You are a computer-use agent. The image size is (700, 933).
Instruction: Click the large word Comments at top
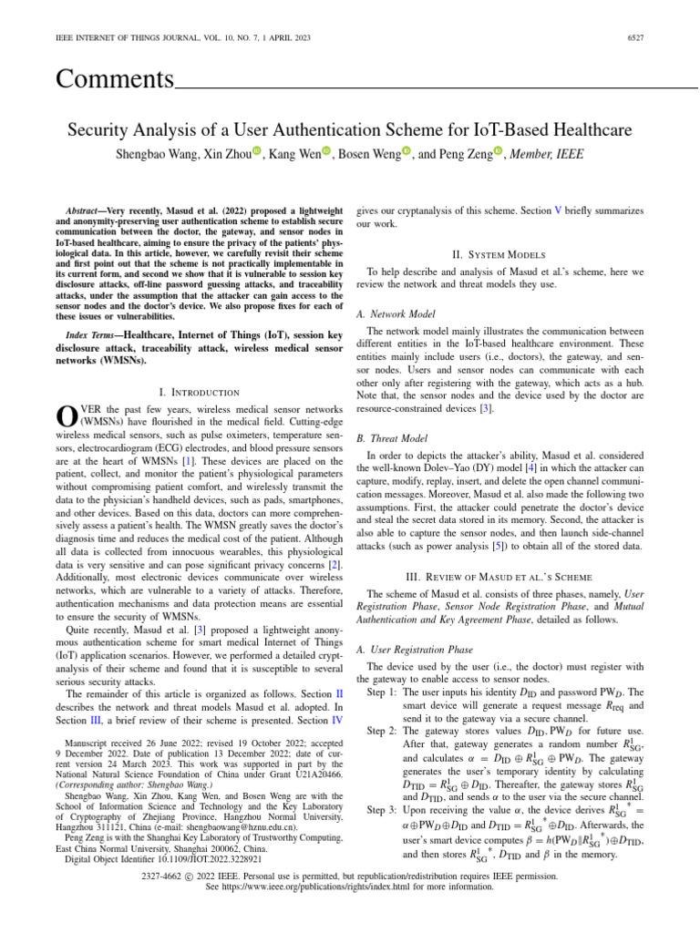coord(115,79)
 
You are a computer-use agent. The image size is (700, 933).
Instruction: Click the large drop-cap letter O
coord(67,417)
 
